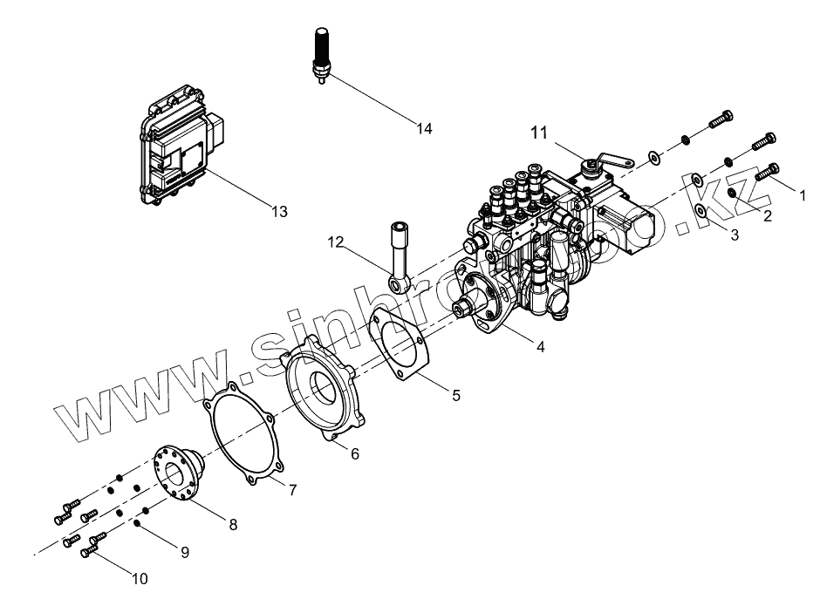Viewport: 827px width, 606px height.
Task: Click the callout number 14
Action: pyautogui.click(x=424, y=129)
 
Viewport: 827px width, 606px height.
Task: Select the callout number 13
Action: pyautogui.click(x=279, y=211)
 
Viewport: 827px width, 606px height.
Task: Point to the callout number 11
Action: pyautogui.click(x=539, y=133)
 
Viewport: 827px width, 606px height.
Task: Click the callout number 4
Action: pyautogui.click(x=541, y=346)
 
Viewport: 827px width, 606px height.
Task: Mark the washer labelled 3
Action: pyautogui.click(x=701, y=211)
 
